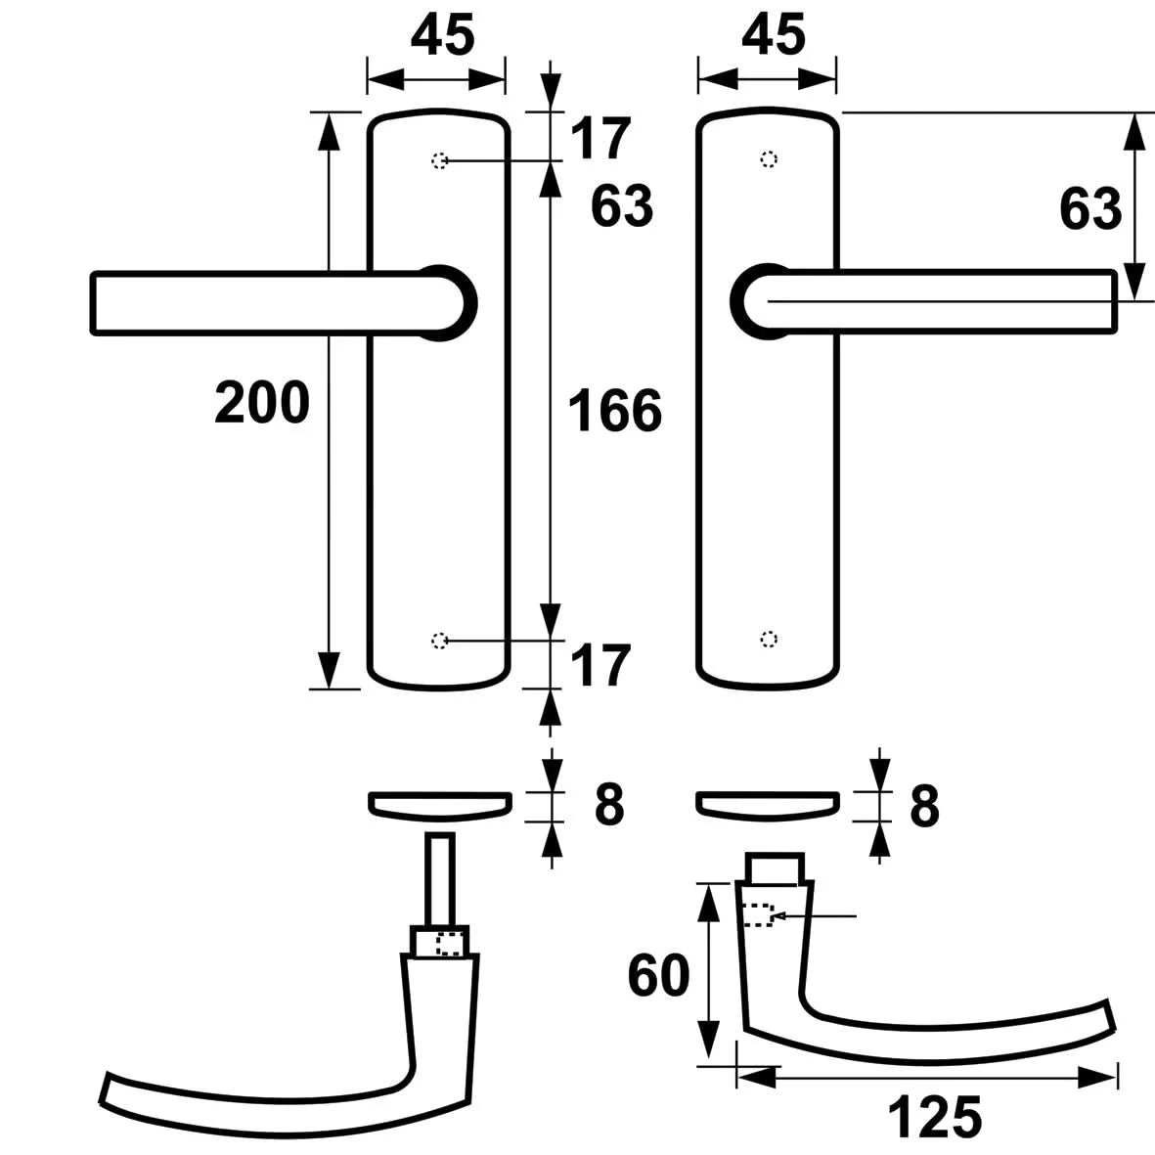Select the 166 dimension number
tap(615, 410)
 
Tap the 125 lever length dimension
tap(935, 1117)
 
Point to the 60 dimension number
tap(658, 975)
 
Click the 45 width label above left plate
tap(442, 35)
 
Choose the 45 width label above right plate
tap(773, 35)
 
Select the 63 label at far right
tap(1090, 208)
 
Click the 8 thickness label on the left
tap(608, 805)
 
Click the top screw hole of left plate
tap(440, 160)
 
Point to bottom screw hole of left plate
tap(440, 641)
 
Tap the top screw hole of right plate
tap(769, 159)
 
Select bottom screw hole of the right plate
tap(769, 640)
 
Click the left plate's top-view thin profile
tap(438, 803)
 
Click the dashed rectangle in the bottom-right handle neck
tap(758, 915)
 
